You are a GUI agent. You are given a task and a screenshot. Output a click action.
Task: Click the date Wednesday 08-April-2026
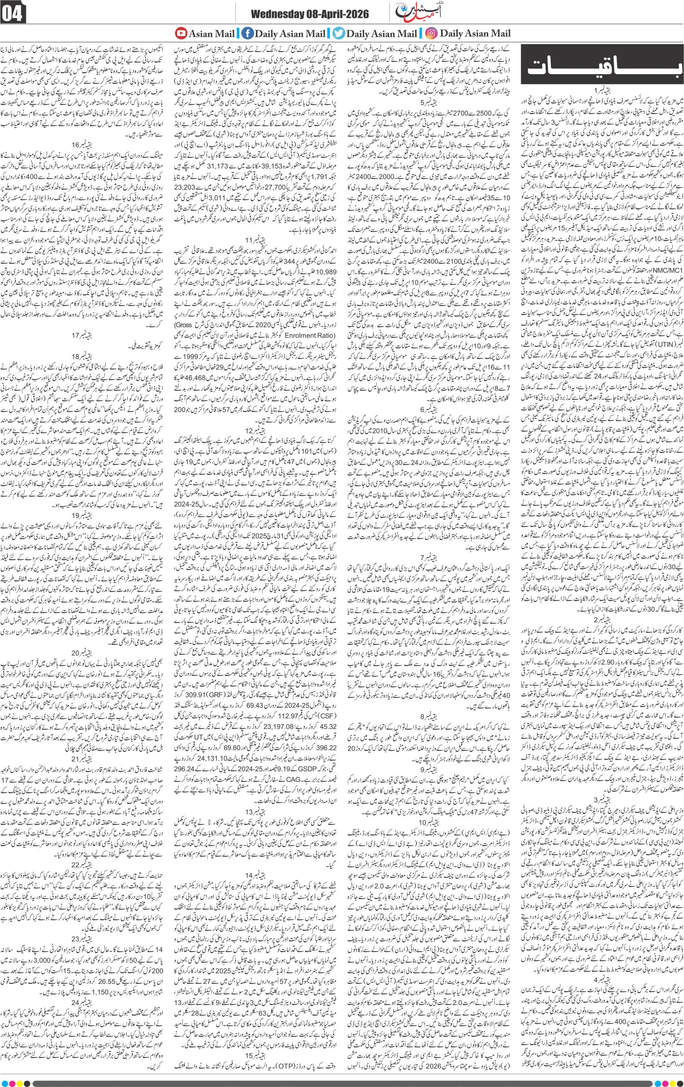[310, 15]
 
